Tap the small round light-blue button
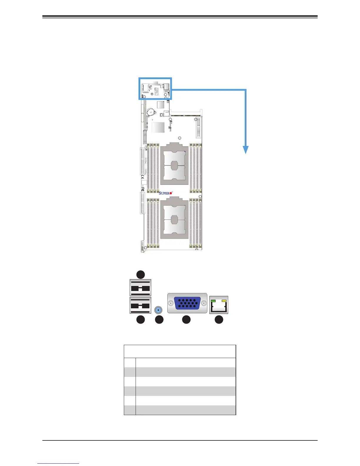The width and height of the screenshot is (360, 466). pos(159,310)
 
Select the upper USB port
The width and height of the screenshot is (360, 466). pos(140,288)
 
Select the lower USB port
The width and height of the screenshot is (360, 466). pos(140,305)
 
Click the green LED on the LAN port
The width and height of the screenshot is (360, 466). pos(214,301)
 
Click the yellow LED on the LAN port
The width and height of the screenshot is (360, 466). pos(224,301)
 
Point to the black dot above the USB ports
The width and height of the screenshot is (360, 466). pos(141,274)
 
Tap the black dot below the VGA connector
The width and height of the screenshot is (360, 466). pos(186,320)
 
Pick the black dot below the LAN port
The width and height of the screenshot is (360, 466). pos(219,320)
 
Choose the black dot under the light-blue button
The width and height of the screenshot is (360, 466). pos(159,320)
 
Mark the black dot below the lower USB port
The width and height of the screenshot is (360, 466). pos(141,320)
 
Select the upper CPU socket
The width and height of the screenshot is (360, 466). pos(174,166)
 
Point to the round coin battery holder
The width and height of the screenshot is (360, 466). pos(151,112)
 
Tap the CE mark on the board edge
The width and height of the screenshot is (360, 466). pos(143,177)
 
